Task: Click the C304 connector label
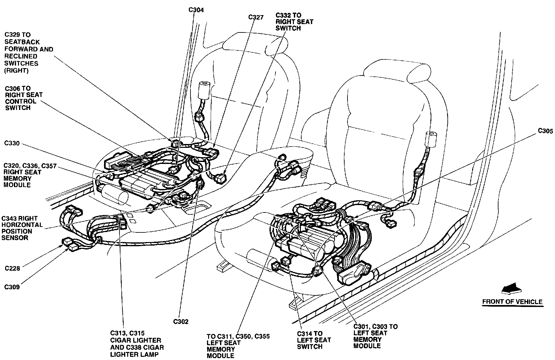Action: tap(196, 10)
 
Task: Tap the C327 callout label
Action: tap(256, 17)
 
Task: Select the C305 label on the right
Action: tap(545, 131)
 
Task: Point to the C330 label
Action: tap(12, 143)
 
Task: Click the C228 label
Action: tap(12, 268)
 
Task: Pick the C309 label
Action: tap(12, 287)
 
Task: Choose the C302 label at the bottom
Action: tap(181, 321)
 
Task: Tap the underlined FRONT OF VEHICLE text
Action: tap(512, 302)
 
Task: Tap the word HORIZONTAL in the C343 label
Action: tap(22, 225)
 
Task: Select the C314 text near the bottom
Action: tap(305, 334)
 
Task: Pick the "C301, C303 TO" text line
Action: tap(375, 327)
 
